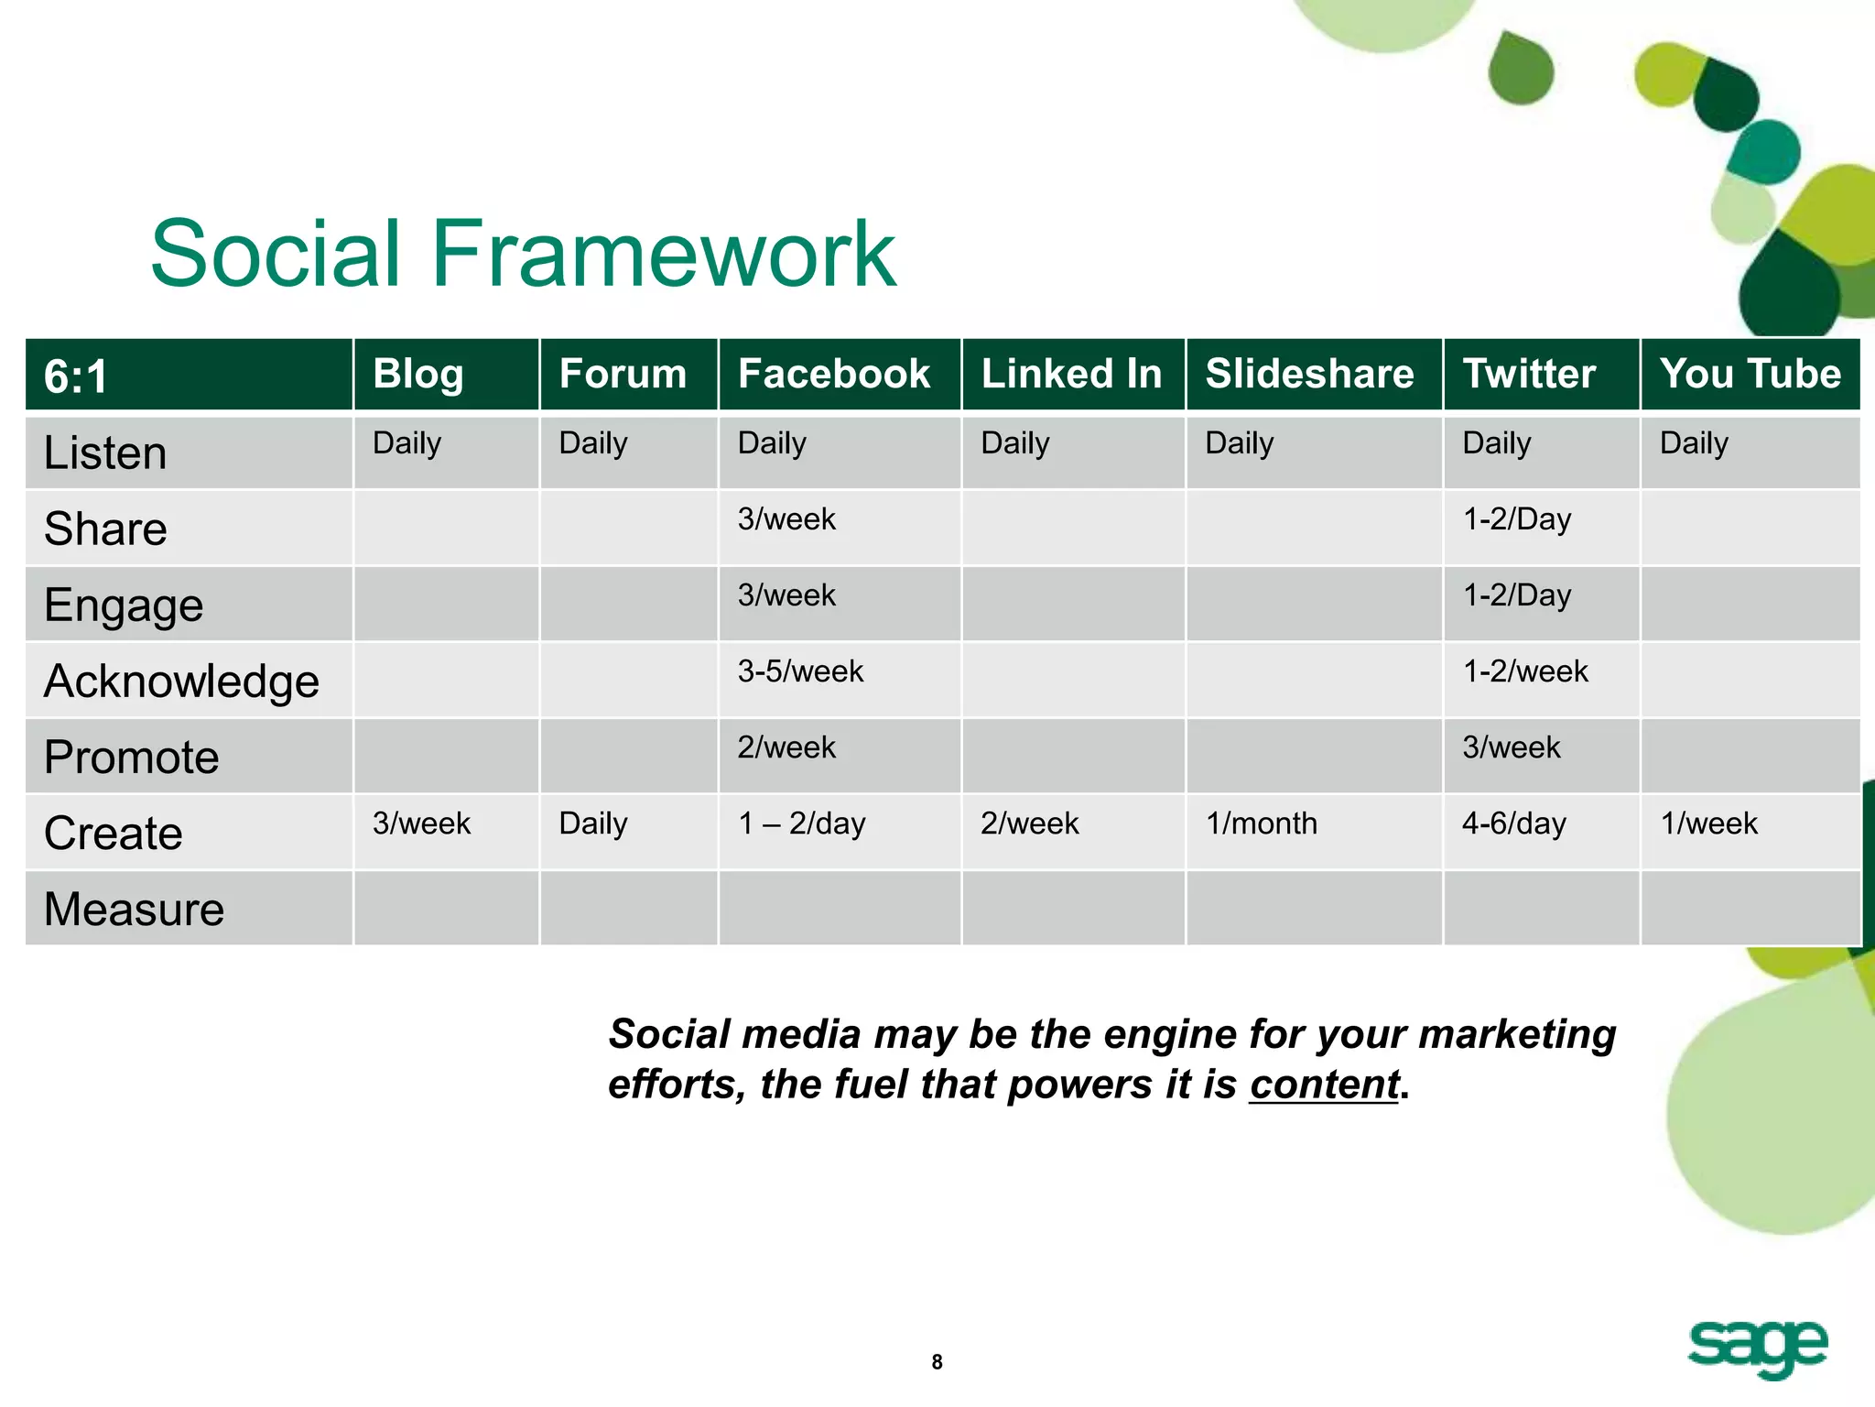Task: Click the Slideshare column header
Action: pos(1309,374)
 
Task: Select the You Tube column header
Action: pos(1750,374)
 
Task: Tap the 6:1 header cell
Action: pos(77,376)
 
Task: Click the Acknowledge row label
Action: pos(181,681)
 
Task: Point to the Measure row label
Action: pos(134,909)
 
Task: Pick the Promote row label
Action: pos(131,757)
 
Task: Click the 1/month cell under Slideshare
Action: pos(1261,823)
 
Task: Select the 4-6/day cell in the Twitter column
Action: pos(1513,823)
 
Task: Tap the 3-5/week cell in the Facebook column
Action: pos(800,671)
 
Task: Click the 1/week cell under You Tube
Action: pos(1708,823)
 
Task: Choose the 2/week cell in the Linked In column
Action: pos(1029,823)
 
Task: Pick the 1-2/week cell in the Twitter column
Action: pos(1524,671)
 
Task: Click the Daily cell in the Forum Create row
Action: pos(593,823)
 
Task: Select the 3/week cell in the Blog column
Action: pos(421,823)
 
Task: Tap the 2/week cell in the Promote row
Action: pos(786,747)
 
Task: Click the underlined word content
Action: pos(1324,1085)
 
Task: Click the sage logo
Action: pos(1757,1347)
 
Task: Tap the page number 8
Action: pos(937,1362)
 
